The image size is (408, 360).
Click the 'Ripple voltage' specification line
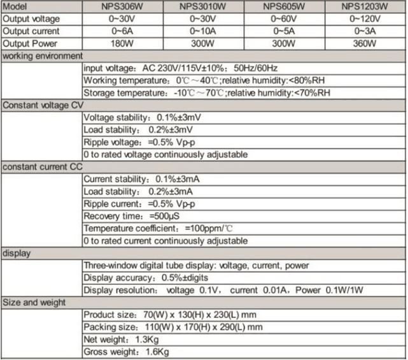[x=139, y=142]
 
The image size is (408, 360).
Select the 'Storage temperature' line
[x=207, y=93]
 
